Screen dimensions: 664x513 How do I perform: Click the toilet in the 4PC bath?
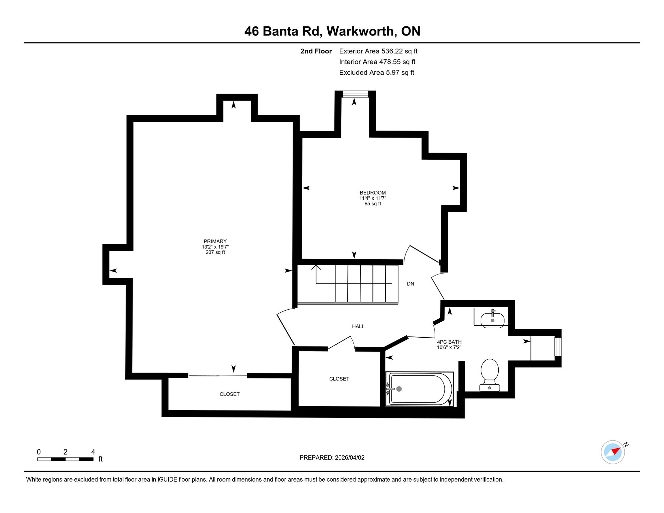(490, 375)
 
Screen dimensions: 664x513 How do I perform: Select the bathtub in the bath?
(420, 389)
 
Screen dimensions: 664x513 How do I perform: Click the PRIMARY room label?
(215, 241)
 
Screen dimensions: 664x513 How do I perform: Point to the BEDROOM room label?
(373, 193)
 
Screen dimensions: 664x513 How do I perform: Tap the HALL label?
(358, 326)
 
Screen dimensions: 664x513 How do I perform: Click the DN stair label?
(410, 284)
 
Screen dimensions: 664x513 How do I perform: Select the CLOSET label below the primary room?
(229, 394)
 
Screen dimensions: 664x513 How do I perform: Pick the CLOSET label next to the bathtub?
(339, 379)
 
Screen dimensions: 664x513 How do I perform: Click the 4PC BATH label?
(449, 342)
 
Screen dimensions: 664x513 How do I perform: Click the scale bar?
(65, 459)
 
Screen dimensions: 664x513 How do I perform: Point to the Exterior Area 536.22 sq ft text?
(378, 51)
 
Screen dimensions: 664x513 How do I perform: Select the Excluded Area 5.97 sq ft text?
(376, 72)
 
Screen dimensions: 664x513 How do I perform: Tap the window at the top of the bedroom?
(355, 94)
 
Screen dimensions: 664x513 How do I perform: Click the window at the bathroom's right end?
(558, 347)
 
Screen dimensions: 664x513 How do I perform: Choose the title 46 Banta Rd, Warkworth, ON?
(332, 31)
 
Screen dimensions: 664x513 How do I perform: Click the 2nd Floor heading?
(316, 51)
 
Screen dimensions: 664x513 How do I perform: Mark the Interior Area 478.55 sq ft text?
(377, 62)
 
